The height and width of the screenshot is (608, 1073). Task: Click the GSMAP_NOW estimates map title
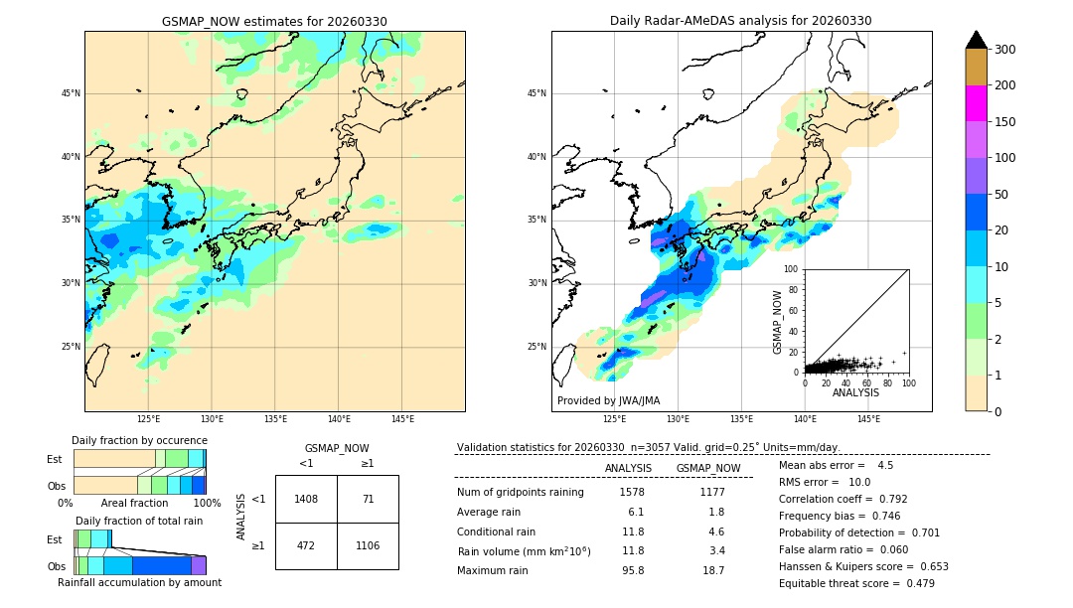274,21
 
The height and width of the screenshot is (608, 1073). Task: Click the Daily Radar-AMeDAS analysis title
741,21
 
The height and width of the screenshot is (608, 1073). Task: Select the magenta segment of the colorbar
976,103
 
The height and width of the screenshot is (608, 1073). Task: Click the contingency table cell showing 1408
306,499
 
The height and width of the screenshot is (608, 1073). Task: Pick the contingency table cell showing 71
368,499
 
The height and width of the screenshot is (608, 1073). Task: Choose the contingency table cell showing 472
306,545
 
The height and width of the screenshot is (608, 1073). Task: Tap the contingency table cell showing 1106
368,545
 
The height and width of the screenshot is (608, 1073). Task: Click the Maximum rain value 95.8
632,570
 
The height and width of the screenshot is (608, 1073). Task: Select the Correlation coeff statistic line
843,499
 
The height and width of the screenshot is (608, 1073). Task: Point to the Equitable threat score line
856,583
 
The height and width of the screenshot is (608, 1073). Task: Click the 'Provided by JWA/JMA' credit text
608,401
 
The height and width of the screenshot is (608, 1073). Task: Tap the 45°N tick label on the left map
71,93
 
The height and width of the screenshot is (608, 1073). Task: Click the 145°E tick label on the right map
868,419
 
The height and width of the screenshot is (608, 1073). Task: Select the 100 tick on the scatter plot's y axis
791,269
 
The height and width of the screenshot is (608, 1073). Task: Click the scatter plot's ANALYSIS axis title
855,392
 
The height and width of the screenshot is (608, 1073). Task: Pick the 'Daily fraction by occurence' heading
139,440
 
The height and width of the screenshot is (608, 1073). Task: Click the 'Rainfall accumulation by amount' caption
139,582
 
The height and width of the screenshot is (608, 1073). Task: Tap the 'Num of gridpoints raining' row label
521,492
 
